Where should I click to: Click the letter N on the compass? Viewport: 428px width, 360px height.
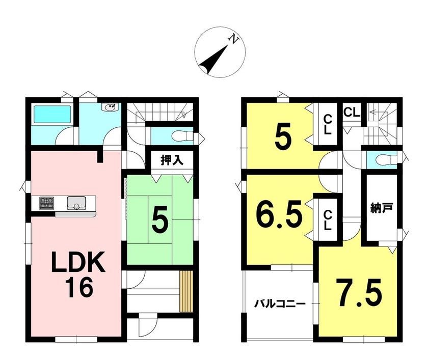pyautogui.click(x=234, y=39)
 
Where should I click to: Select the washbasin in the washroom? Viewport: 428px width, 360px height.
pyautogui.click(x=111, y=107)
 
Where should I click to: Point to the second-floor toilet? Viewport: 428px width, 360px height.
pyautogui.click(x=387, y=159)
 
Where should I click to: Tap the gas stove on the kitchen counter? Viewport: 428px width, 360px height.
pyautogui.click(x=47, y=203)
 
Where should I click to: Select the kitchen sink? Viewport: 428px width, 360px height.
pyautogui.click(x=76, y=203)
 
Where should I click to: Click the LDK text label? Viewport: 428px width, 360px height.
pyautogui.click(x=78, y=262)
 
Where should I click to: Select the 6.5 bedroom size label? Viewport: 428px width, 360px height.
pyautogui.click(x=279, y=213)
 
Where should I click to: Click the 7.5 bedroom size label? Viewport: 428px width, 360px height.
pyautogui.click(x=358, y=293)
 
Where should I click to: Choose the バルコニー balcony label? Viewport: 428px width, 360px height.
pyautogui.click(x=280, y=304)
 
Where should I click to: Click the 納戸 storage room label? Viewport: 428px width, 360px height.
pyautogui.click(x=382, y=208)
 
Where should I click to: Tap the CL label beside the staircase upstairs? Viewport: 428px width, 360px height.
pyautogui.click(x=352, y=113)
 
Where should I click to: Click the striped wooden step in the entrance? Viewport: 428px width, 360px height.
pyautogui.click(x=186, y=291)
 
